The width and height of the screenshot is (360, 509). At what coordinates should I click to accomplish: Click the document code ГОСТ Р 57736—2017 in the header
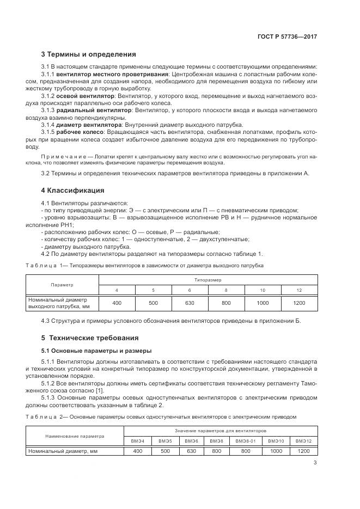tap(287, 36)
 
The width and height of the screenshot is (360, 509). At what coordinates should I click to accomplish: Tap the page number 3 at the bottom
tap(315, 463)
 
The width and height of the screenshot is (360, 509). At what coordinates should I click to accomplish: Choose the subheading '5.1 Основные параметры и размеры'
tap(96, 350)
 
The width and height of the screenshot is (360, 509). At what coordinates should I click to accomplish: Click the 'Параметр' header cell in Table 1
tap(62, 285)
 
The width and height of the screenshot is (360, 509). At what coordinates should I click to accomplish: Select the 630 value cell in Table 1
tap(190, 303)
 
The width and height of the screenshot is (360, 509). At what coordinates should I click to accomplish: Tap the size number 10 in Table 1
tap(263, 290)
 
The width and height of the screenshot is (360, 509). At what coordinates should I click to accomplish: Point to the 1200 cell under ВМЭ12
tap(303, 451)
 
